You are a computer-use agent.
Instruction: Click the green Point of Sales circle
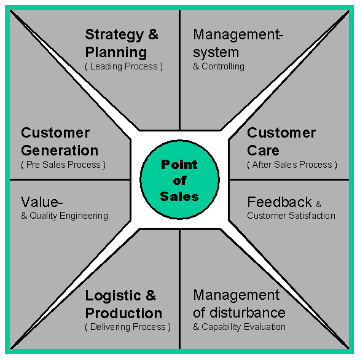pyautogui.click(x=179, y=179)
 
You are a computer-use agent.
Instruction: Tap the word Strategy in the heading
pyautogui.click(x=114, y=35)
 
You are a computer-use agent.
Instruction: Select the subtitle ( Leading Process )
pyautogui.click(x=123, y=66)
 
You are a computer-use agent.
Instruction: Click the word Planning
pyautogui.click(x=116, y=52)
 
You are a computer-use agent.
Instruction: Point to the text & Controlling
pyautogui.click(x=219, y=66)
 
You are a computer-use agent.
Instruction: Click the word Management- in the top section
pyautogui.click(x=238, y=34)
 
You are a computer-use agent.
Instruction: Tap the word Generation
pyautogui.click(x=60, y=151)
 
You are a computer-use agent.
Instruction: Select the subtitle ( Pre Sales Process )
pyautogui.click(x=63, y=165)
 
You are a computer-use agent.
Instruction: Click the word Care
pyautogui.click(x=263, y=151)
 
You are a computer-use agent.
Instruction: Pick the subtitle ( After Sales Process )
pyautogui.click(x=292, y=165)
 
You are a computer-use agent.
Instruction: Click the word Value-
pyautogui.click(x=42, y=202)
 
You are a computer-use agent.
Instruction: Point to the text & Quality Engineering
pyautogui.click(x=65, y=216)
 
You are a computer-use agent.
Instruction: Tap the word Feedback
pyautogui.click(x=280, y=202)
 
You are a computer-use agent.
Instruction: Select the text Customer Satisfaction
pyautogui.click(x=291, y=216)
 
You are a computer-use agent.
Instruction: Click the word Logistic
pyautogui.click(x=113, y=295)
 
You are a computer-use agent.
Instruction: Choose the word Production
pyautogui.click(x=123, y=313)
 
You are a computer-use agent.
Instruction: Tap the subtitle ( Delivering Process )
pyautogui.click(x=128, y=327)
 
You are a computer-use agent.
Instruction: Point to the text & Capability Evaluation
pyautogui.click(x=239, y=327)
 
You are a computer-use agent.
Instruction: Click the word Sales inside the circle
pyautogui.click(x=179, y=197)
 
